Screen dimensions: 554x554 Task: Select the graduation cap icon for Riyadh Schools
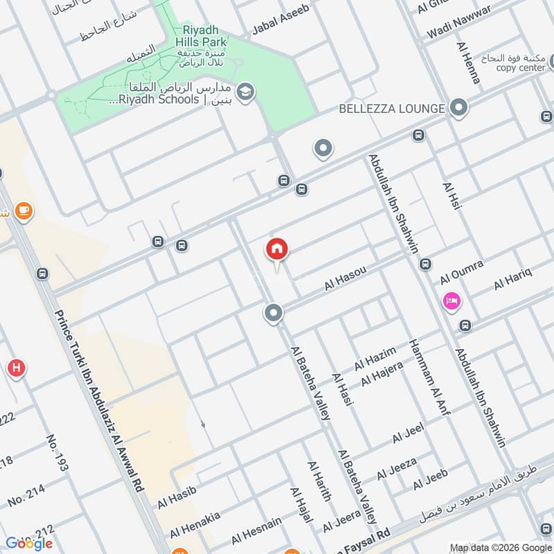244,91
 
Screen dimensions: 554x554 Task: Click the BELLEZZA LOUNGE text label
391,109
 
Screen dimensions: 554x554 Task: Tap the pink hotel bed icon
452,301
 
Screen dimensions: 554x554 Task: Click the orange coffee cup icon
24,210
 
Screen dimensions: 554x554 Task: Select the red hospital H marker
15,368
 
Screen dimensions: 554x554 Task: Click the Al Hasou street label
345,279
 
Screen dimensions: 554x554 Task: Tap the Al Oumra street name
462,271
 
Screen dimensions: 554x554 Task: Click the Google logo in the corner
29,543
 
